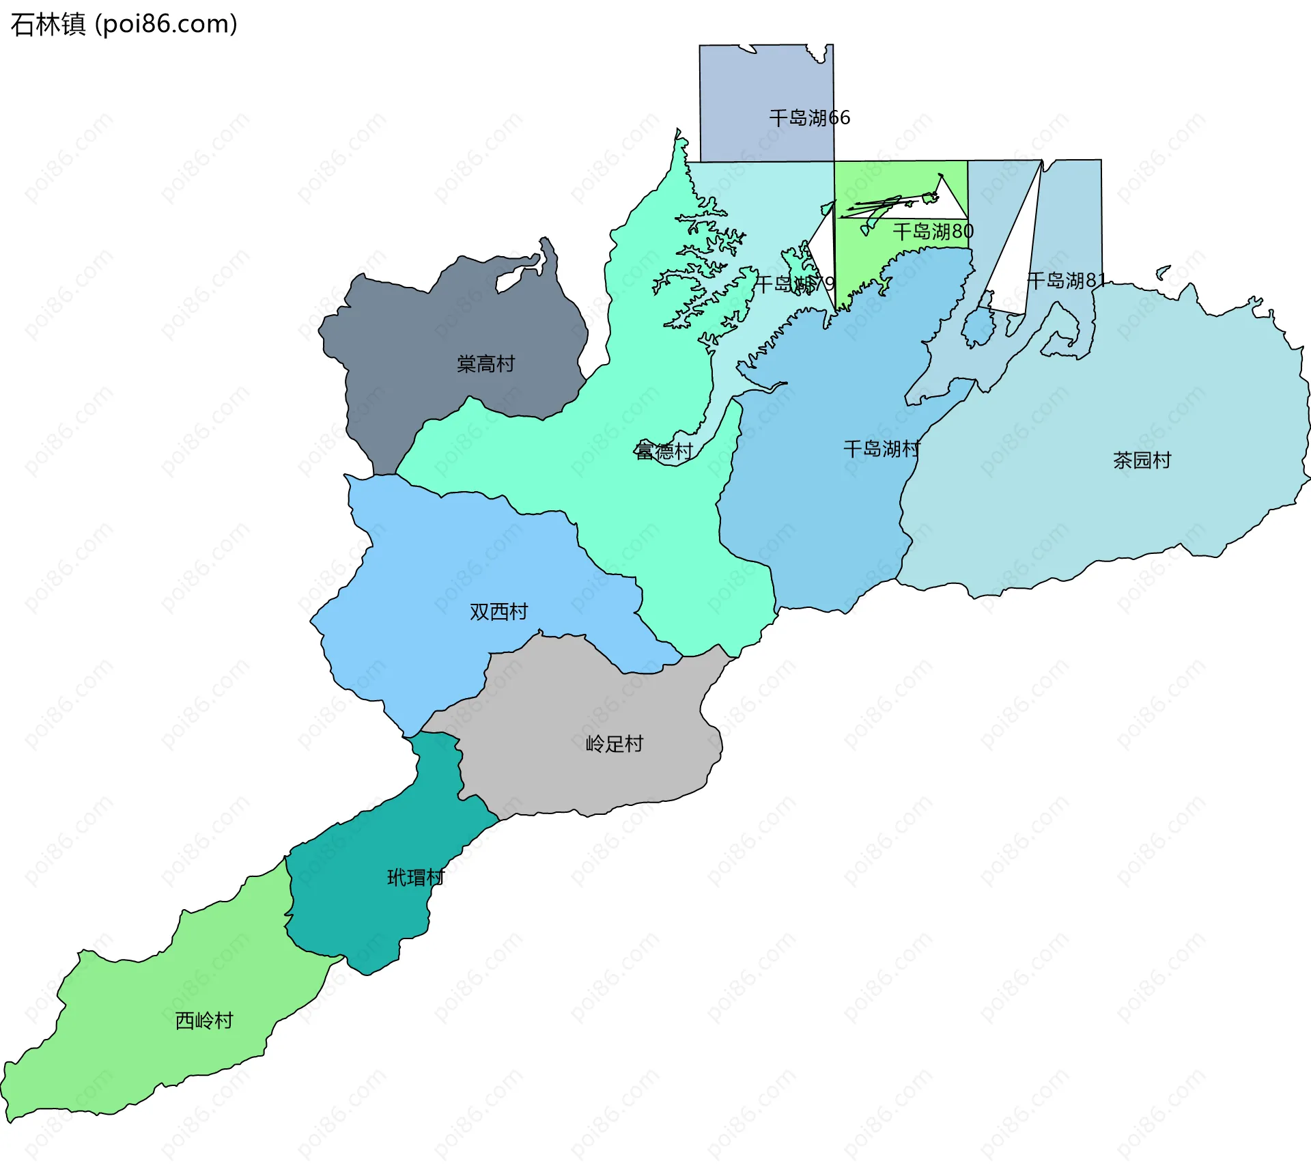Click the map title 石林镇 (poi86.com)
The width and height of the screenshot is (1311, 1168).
[124, 24]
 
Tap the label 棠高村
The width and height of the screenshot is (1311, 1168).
[485, 364]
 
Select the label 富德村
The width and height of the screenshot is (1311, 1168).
[664, 451]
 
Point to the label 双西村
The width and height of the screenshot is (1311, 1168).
[498, 611]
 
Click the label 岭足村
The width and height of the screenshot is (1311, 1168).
[615, 743]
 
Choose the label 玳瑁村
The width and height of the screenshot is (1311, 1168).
[416, 877]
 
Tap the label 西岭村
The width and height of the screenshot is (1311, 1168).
[204, 1020]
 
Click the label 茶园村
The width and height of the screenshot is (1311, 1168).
[1142, 460]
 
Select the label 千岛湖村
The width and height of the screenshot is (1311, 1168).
[882, 449]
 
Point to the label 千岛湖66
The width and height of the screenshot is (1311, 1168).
[810, 118]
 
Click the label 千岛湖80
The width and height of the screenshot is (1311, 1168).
[933, 232]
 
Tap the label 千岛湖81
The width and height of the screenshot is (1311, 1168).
[1066, 280]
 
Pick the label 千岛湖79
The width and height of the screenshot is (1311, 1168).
[795, 283]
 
